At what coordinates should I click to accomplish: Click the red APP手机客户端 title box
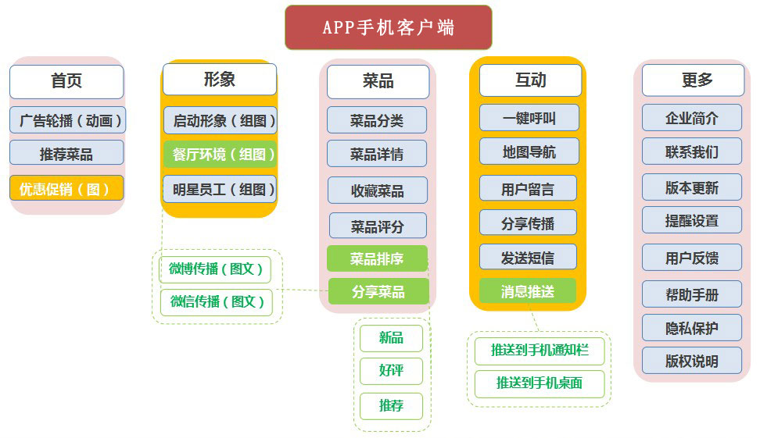point(388,27)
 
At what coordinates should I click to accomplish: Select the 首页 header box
point(66,81)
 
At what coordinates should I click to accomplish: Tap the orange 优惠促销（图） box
point(66,188)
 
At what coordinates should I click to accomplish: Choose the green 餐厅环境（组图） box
point(220,154)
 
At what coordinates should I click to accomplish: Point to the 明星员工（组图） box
point(220,189)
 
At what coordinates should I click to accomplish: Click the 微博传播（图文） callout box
point(215,269)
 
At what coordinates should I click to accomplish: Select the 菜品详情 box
point(377,154)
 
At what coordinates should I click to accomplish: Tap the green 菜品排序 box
point(377,258)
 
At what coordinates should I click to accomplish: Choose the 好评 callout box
point(391,371)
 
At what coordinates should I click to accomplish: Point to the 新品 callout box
point(391,338)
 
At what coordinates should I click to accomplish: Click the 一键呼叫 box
point(529,118)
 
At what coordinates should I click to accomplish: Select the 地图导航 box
point(529,152)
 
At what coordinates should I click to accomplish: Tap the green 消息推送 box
point(528,291)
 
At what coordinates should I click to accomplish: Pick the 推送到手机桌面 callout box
point(540,383)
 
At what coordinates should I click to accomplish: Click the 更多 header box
point(692,80)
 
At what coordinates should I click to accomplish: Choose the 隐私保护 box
point(692,329)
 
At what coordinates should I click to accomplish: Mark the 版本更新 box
point(692,188)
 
